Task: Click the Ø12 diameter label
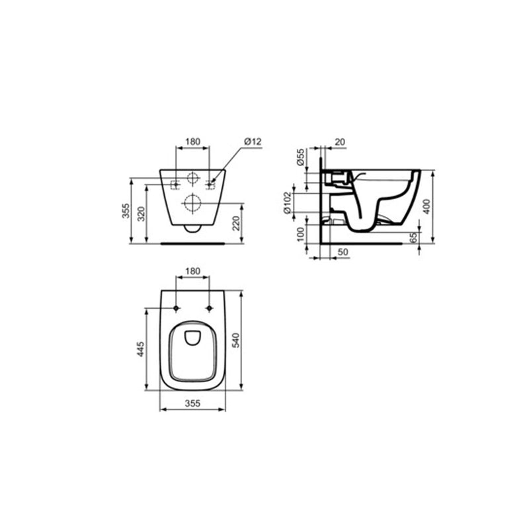click(x=253, y=141)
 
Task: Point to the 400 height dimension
click(x=429, y=206)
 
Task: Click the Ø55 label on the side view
click(x=300, y=157)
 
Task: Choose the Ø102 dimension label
click(x=288, y=203)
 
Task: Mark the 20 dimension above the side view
click(x=340, y=141)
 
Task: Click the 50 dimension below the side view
click(x=343, y=253)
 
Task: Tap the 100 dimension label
click(x=300, y=233)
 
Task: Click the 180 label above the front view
click(x=192, y=141)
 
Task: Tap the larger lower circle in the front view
click(x=193, y=204)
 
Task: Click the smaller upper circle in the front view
click(x=193, y=179)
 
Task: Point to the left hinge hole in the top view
click(x=177, y=308)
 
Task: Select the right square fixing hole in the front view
click(x=212, y=184)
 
